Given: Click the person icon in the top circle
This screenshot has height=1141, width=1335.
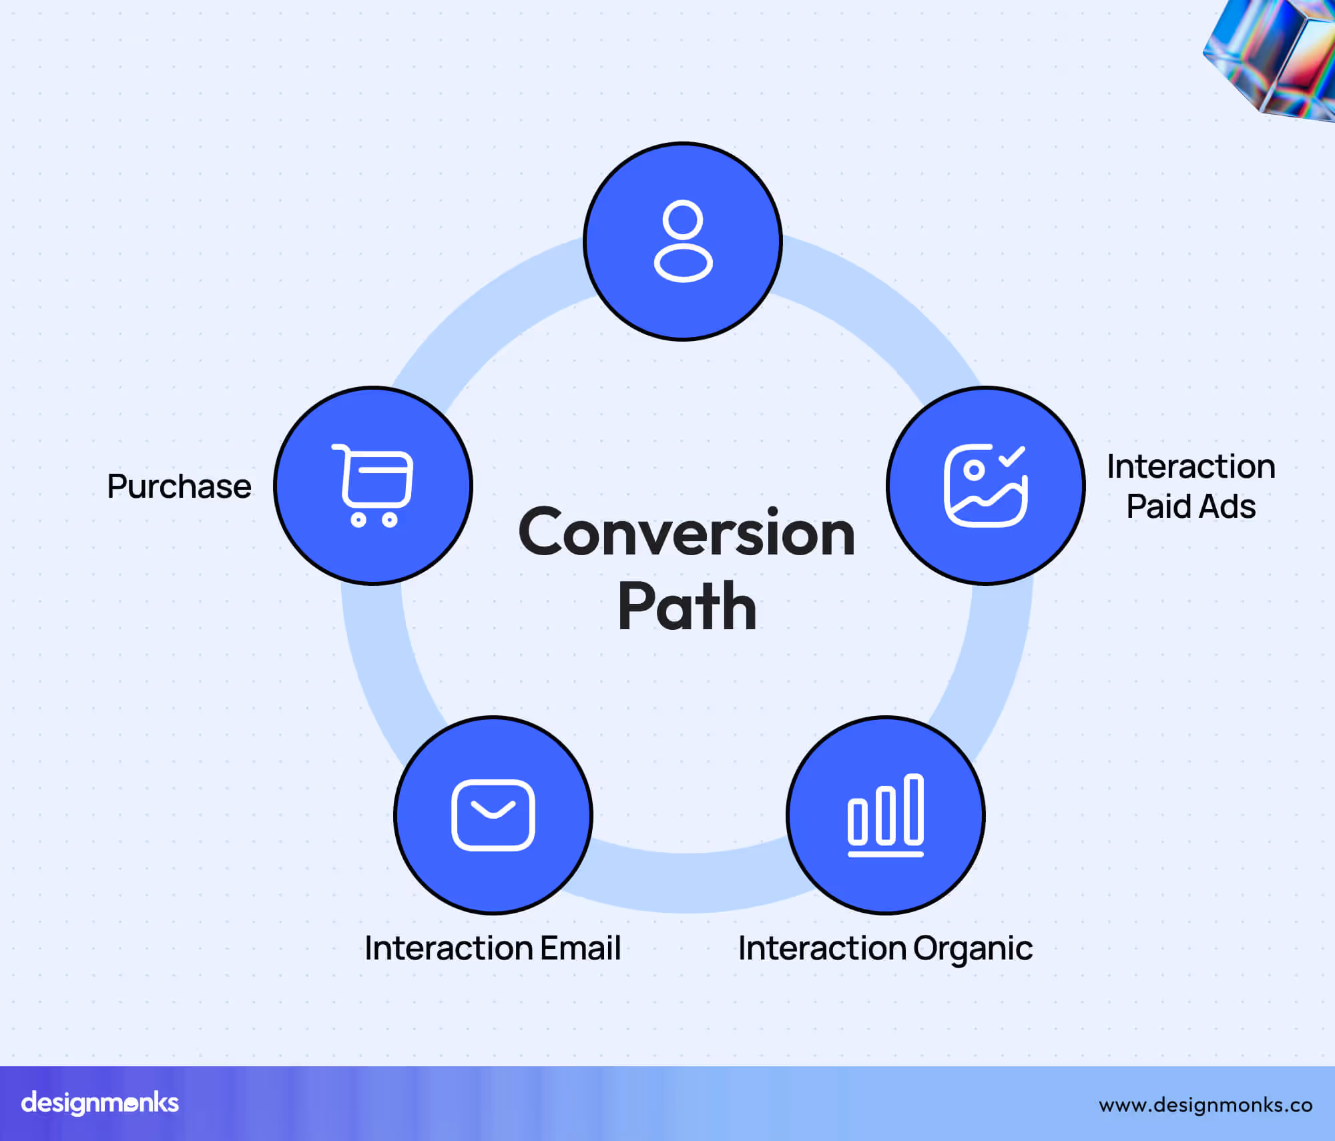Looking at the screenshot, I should tap(683, 242).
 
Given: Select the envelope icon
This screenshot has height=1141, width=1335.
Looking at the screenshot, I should tap(493, 815).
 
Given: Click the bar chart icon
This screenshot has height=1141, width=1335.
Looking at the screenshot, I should tap(886, 815).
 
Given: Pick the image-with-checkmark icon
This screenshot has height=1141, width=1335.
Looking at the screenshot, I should tap(985, 486).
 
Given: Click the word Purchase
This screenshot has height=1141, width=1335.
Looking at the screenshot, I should tap(179, 486).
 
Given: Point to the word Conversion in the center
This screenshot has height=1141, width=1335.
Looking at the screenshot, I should tap(686, 532).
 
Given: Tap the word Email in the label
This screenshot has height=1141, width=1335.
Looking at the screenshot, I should tap(580, 948).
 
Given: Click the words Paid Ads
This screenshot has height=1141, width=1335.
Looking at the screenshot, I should tap(1191, 506).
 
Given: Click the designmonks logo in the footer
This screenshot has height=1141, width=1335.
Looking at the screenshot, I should tap(100, 1103).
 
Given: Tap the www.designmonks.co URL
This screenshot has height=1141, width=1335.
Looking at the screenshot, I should tap(1206, 1105).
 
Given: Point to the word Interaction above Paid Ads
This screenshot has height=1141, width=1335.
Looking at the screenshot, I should tap(1191, 466).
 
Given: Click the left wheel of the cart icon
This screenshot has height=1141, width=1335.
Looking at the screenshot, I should tap(358, 520).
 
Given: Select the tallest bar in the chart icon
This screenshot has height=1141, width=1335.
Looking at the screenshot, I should tap(914, 809).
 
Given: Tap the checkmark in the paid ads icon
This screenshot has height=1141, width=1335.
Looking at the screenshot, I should tap(1012, 456).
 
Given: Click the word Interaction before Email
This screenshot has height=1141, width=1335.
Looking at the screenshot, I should tap(449, 948).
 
